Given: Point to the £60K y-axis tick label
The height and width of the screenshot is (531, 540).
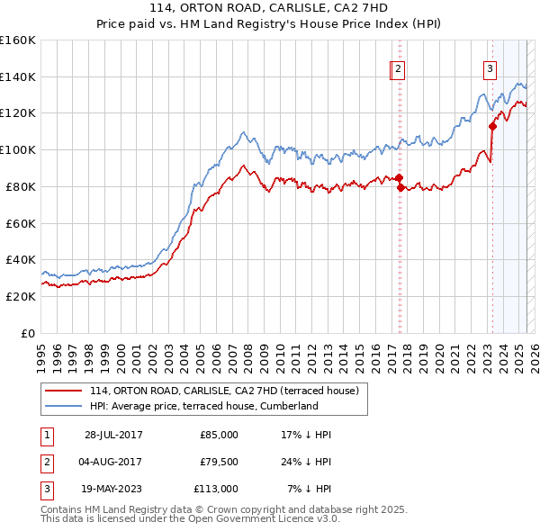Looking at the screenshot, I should tap(20, 222).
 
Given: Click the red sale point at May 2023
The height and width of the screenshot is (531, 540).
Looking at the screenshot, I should tap(492, 126).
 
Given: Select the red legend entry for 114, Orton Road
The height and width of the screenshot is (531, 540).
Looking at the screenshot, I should tap(225, 391).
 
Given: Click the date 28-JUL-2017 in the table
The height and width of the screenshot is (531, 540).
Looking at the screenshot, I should tap(113, 435).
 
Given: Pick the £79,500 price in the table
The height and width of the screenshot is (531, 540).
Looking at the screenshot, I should tap(219, 462).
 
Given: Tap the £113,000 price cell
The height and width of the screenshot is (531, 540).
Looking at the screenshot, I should tap(216, 489).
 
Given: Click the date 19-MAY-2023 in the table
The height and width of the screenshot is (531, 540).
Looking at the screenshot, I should tap(113, 489).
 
